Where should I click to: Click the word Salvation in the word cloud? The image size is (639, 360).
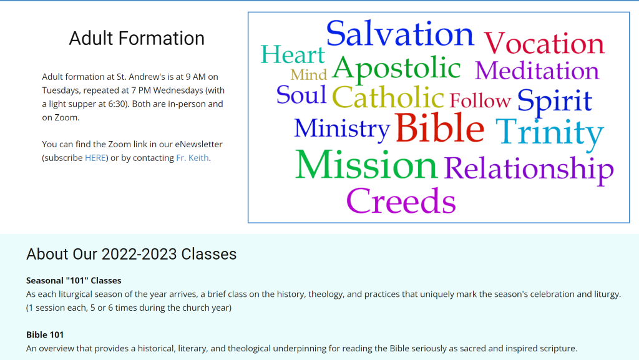pos(400,34)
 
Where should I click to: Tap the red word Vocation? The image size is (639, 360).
pos(544,44)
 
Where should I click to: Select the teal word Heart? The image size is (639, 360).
pos(293,55)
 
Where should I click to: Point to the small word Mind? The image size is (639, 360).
pos(308,75)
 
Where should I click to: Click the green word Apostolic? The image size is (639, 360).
pos(396,69)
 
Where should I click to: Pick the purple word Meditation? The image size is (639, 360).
pos(537,71)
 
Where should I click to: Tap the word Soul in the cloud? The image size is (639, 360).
pos(301,95)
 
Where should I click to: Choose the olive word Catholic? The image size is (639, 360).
pos(388,98)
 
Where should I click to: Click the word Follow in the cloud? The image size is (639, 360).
pos(480,100)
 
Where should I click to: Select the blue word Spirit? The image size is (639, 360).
pos(554,101)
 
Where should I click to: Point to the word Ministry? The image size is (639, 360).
pos(342,129)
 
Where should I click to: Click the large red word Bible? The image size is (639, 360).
pos(439,128)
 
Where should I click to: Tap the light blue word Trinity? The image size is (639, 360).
pos(549,132)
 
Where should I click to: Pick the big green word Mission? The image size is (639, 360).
pos(366,165)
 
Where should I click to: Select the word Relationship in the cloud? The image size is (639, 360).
pos(529,168)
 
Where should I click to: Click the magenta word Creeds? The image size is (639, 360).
pos(401,201)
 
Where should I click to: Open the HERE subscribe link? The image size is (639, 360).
pos(95,158)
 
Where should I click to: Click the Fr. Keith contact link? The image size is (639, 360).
pos(189,158)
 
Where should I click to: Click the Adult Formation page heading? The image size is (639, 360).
pos(137,38)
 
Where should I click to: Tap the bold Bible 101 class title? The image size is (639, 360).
pos(45,334)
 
